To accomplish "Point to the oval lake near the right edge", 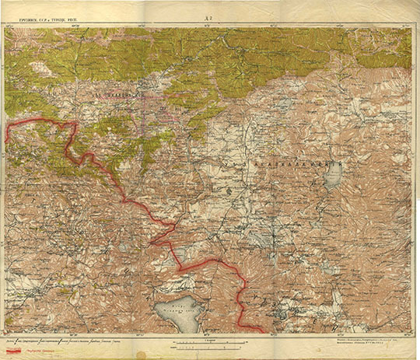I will click(332, 179).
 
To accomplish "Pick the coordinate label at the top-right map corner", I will click(407, 25).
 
